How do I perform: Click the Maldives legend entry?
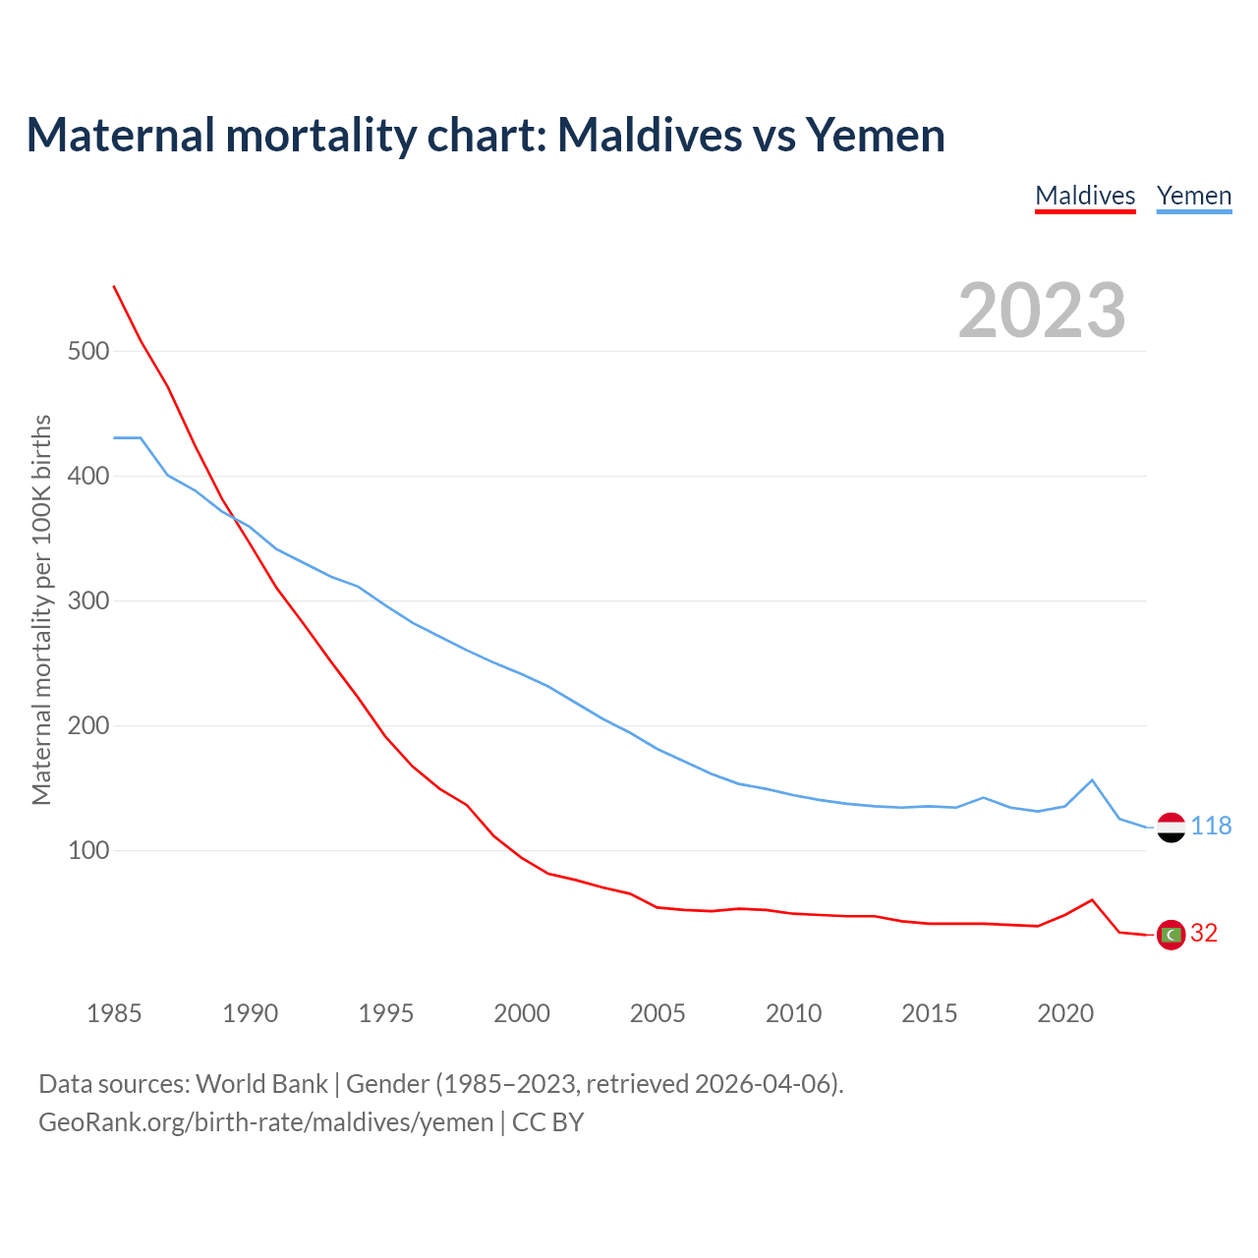point(1085,196)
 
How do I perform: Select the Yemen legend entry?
point(1194,196)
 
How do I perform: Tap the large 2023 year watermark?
point(1042,311)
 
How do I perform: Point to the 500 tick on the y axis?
point(88,351)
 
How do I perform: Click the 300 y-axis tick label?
point(88,600)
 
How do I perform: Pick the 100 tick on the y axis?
point(88,850)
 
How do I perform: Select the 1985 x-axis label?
point(114,1013)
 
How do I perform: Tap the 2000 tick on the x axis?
point(522,1013)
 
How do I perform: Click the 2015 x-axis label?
point(929,1013)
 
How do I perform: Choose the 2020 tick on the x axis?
point(1065,1013)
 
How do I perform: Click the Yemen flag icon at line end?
point(1171,828)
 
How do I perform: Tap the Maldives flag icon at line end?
point(1171,935)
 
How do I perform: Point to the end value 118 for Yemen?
point(1211,827)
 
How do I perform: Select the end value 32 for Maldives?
point(1204,934)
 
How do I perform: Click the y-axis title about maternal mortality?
point(41,609)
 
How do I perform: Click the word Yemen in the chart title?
point(876,136)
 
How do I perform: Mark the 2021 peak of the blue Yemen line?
point(1092,780)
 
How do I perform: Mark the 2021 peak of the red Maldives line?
point(1092,899)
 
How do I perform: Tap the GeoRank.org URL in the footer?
point(266,1122)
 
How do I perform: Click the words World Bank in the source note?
point(261,1084)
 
